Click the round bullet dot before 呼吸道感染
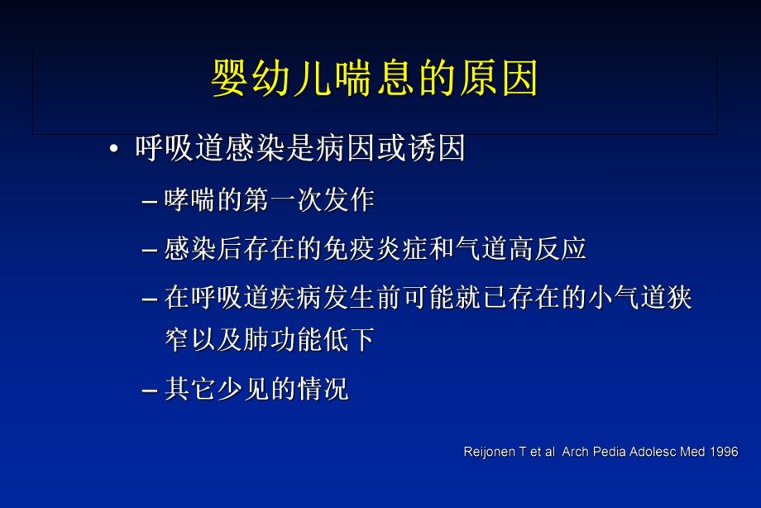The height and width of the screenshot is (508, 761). pos(113,150)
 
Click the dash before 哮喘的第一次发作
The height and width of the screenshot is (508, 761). pos(150,201)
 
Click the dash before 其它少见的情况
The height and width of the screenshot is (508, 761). pos(150,389)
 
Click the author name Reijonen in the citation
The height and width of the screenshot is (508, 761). pos(487,453)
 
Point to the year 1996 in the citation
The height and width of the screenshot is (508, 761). pos(722,453)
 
